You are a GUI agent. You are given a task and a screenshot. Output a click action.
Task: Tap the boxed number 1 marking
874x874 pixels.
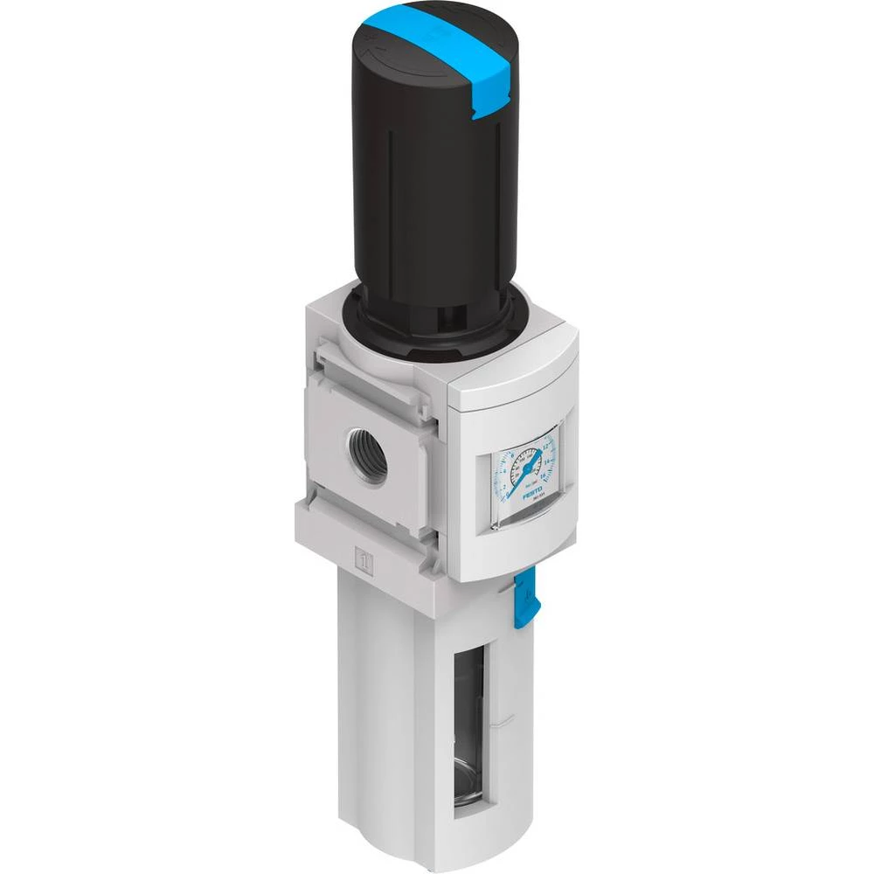(x=365, y=556)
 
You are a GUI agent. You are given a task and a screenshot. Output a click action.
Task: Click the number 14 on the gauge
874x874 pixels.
(x=547, y=461)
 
